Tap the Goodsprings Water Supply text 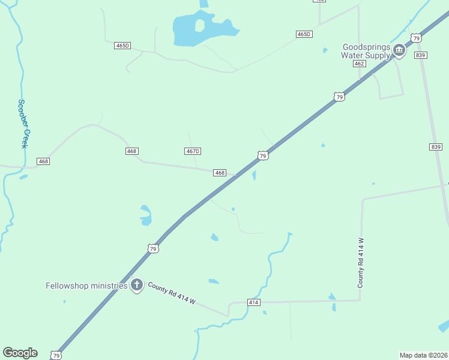(366, 51)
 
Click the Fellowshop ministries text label (86, 286)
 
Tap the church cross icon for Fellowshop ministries (137, 285)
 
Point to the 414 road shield (254, 302)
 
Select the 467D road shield (192, 151)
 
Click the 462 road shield (360, 64)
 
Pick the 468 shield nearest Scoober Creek (43, 161)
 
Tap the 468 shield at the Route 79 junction (220, 173)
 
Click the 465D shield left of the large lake (122, 46)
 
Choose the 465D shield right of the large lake (304, 34)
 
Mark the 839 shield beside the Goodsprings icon (420, 55)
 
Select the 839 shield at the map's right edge (436, 147)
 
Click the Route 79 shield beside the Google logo (56, 355)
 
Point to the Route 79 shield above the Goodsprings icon (417, 38)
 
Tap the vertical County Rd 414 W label (361, 262)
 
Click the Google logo (20, 353)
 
